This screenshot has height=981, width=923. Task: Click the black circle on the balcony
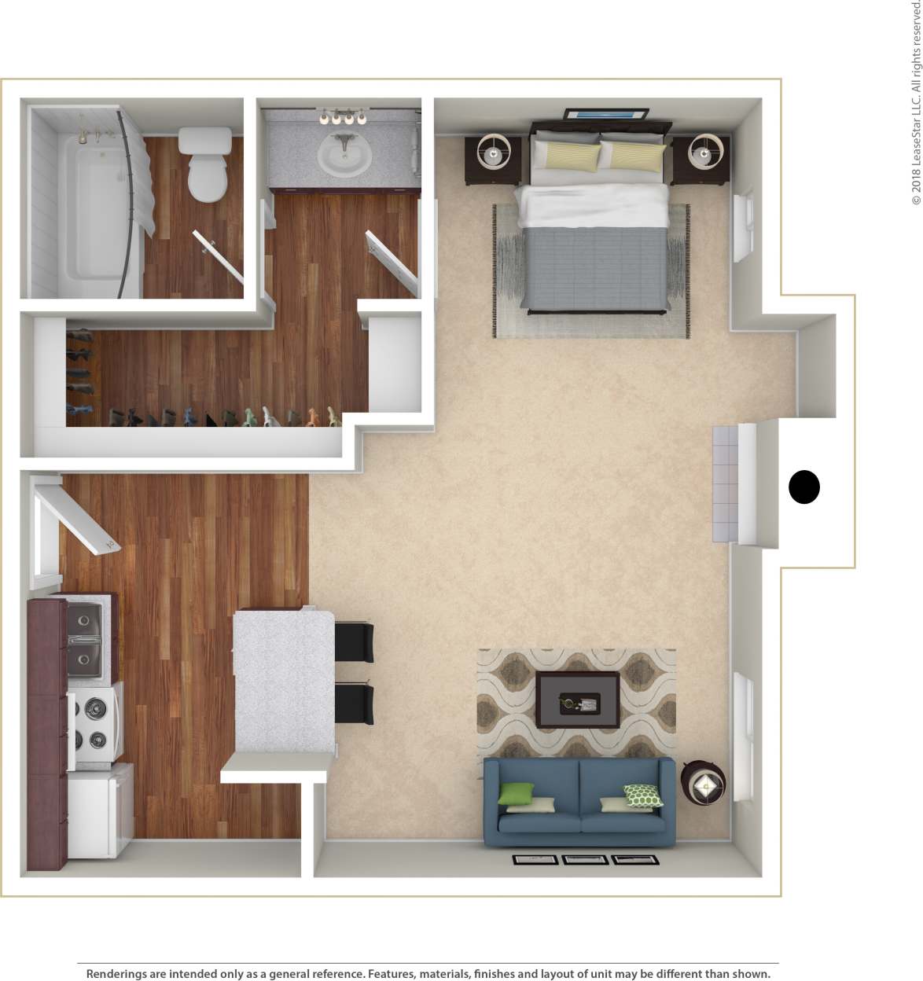[803, 487]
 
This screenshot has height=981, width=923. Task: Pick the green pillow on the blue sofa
[515, 794]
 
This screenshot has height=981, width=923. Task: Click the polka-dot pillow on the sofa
[642, 795]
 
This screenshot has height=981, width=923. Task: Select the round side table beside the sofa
[703, 783]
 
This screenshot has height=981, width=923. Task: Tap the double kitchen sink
[84, 639]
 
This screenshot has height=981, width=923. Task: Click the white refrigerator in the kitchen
[97, 813]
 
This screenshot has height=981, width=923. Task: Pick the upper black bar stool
[354, 641]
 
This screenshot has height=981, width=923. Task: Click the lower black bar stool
[354, 704]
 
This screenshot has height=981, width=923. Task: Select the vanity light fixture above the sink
[343, 118]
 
